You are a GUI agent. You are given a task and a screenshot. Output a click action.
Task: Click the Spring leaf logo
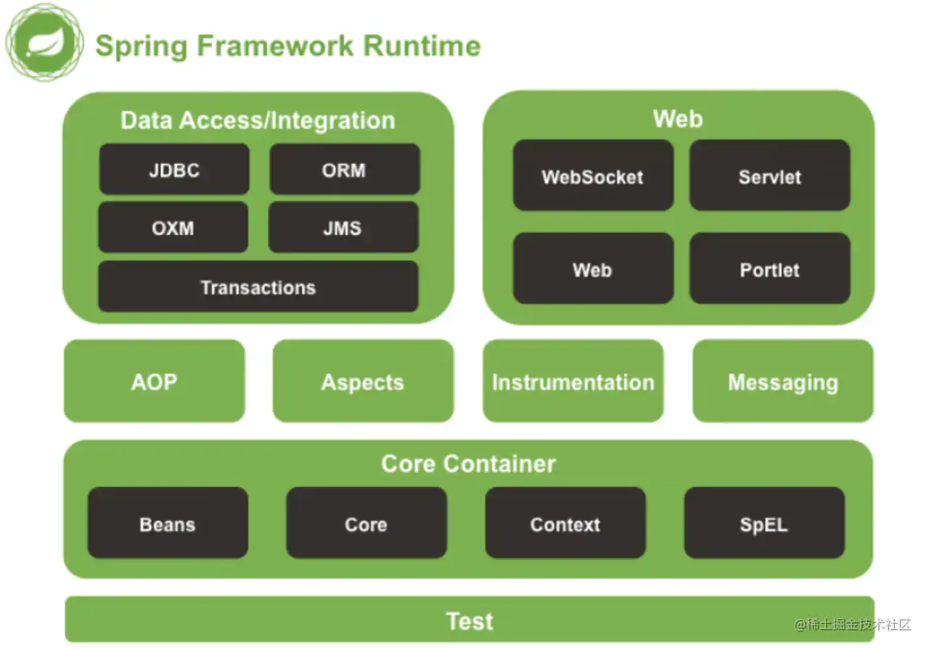coord(44,42)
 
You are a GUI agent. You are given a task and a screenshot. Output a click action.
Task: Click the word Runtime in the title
coord(422,46)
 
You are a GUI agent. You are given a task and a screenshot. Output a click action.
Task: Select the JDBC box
coord(174,169)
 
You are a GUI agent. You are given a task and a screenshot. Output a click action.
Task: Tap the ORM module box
coord(345,169)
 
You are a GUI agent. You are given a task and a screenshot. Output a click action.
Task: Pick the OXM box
coord(173,227)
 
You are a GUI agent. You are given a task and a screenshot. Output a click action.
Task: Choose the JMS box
coord(343,227)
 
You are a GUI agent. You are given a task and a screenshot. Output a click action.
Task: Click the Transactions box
coord(258,287)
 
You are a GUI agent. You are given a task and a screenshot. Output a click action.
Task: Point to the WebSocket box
coord(593,176)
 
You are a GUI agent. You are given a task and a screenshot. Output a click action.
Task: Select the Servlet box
coord(770,176)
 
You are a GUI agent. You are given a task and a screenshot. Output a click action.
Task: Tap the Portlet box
coord(770,268)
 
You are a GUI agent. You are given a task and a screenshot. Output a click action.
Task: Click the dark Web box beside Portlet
coord(593,268)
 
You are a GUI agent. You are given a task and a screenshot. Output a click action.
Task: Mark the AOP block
coord(155,381)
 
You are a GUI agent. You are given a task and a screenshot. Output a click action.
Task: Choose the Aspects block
coord(364,381)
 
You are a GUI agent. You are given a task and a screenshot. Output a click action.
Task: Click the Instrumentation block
coord(573,381)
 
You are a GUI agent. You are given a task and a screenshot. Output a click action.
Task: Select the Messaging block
coord(783,381)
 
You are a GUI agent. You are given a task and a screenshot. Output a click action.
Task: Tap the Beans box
coord(168,523)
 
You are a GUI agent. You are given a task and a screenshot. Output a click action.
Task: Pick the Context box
coord(565,523)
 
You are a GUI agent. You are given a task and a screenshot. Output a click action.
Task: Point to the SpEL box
coord(764,523)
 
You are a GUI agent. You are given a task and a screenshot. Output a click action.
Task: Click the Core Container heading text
coord(468,464)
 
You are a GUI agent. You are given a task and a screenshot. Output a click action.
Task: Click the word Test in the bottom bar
coord(470,621)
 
